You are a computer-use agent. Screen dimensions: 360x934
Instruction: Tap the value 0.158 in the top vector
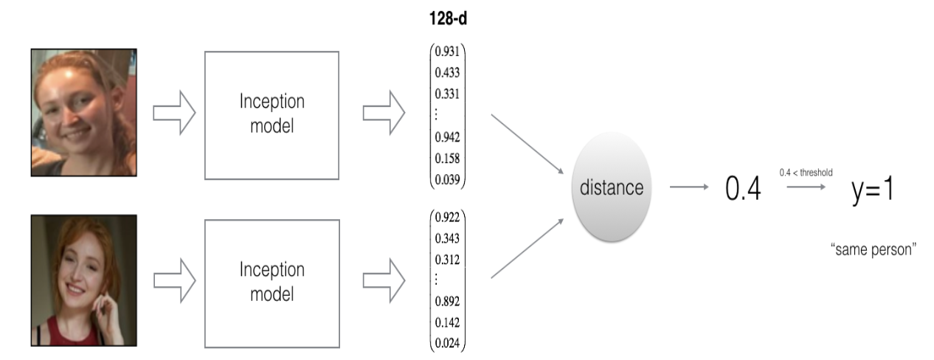[x=449, y=158]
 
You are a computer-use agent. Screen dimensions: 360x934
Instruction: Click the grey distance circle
[x=611, y=188]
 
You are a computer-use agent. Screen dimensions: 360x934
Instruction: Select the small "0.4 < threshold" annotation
[x=806, y=172]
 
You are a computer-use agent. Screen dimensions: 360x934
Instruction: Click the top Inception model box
[x=271, y=115]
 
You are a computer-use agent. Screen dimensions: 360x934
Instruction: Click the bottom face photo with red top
[x=84, y=280]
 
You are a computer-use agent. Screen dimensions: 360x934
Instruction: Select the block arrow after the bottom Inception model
[x=384, y=282]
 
